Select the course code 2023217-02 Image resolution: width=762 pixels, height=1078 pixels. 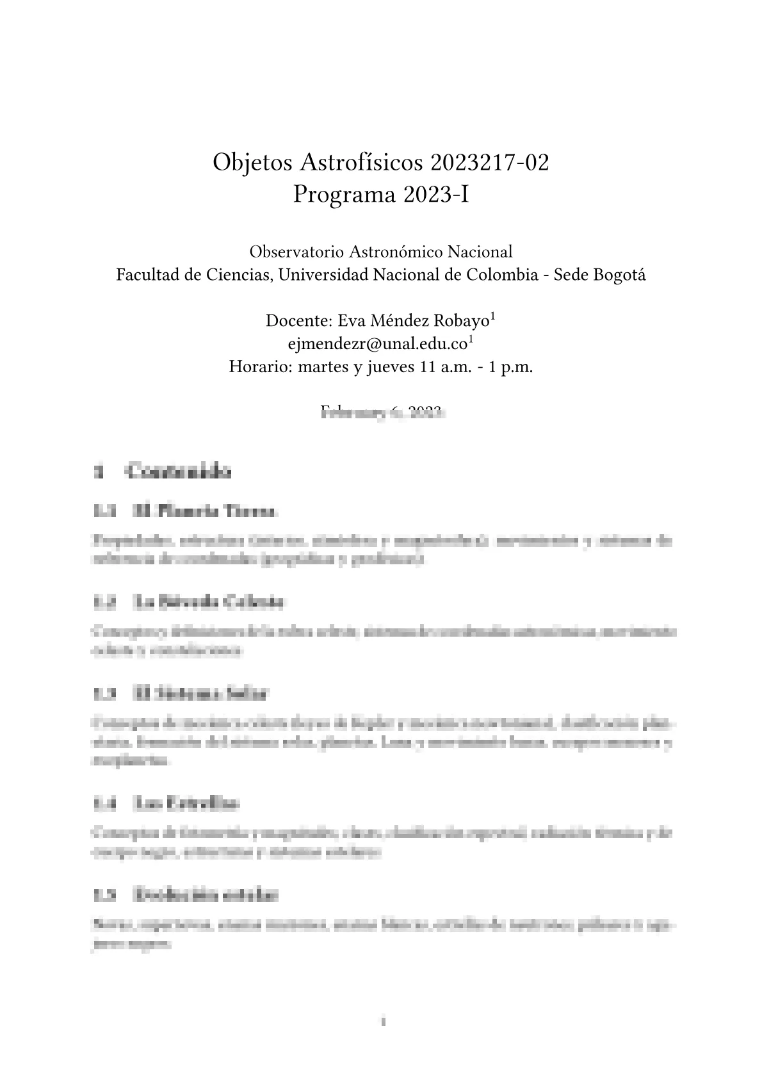pos(490,163)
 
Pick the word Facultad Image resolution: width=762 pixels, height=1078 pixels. pos(146,275)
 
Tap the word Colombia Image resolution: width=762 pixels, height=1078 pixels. pos(502,275)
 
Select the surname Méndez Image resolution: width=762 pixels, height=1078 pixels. pos(399,320)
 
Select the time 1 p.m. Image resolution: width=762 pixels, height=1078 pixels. pos(510,368)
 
